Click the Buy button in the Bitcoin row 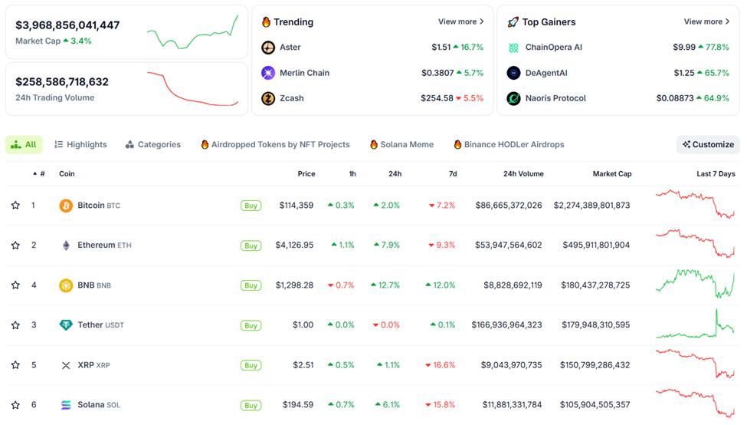pos(251,206)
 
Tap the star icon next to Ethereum pos(15,245)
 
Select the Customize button pos(708,144)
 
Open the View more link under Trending pos(460,22)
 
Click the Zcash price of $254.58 pos(437,98)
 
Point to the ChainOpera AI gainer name pos(553,48)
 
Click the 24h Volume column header pos(523,174)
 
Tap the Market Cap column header pos(611,174)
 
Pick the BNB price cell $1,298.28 pos(294,285)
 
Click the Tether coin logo pos(66,325)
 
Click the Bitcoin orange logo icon pos(66,206)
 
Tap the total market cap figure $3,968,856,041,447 pos(67,25)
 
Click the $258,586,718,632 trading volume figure pos(62,82)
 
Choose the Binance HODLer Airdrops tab pos(509,144)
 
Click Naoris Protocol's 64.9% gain pos(716,98)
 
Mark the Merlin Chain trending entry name pos(304,73)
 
